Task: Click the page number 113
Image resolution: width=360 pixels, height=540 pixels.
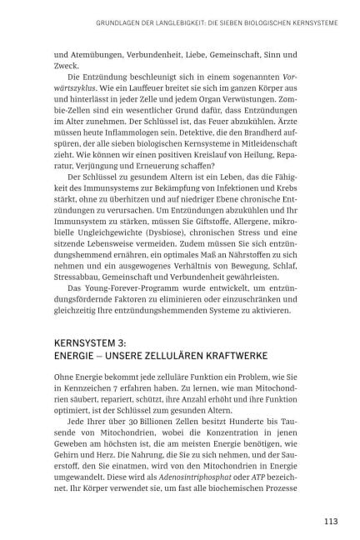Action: click(330, 522)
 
